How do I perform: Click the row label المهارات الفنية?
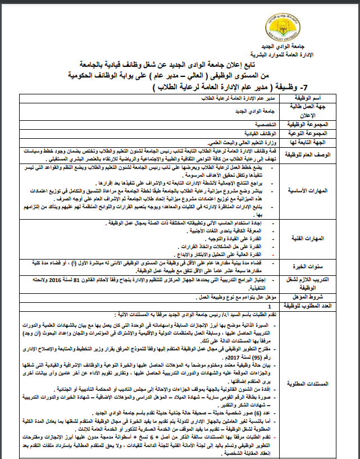click(x=329, y=239)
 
